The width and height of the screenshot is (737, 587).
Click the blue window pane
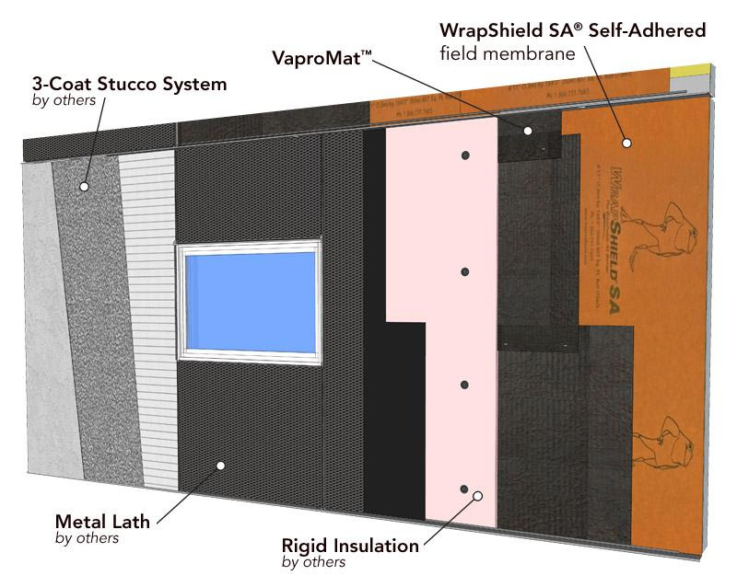pyautogui.click(x=248, y=301)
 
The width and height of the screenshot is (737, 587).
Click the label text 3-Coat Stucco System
pyautogui.click(x=116, y=85)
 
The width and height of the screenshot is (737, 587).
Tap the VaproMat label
pyautogui.click(x=322, y=56)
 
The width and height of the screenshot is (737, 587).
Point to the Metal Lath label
pyautogui.click(x=102, y=521)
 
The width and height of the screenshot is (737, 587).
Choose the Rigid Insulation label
pyautogui.click(x=350, y=546)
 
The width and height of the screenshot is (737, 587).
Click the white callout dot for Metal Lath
pyautogui.click(x=221, y=466)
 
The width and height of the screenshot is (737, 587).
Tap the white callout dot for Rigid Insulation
pyautogui.click(x=478, y=496)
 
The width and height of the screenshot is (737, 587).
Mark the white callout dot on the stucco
pyautogui.click(x=84, y=187)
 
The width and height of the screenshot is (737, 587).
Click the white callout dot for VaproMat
pyautogui.click(x=528, y=131)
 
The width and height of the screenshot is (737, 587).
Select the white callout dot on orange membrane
pyautogui.click(x=626, y=143)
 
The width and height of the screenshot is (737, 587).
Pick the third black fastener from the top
pyautogui.click(x=465, y=384)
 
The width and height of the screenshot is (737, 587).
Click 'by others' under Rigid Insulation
pyautogui.click(x=314, y=562)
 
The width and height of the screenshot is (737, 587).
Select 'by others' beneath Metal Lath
pyautogui.click(x=88, y=538)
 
